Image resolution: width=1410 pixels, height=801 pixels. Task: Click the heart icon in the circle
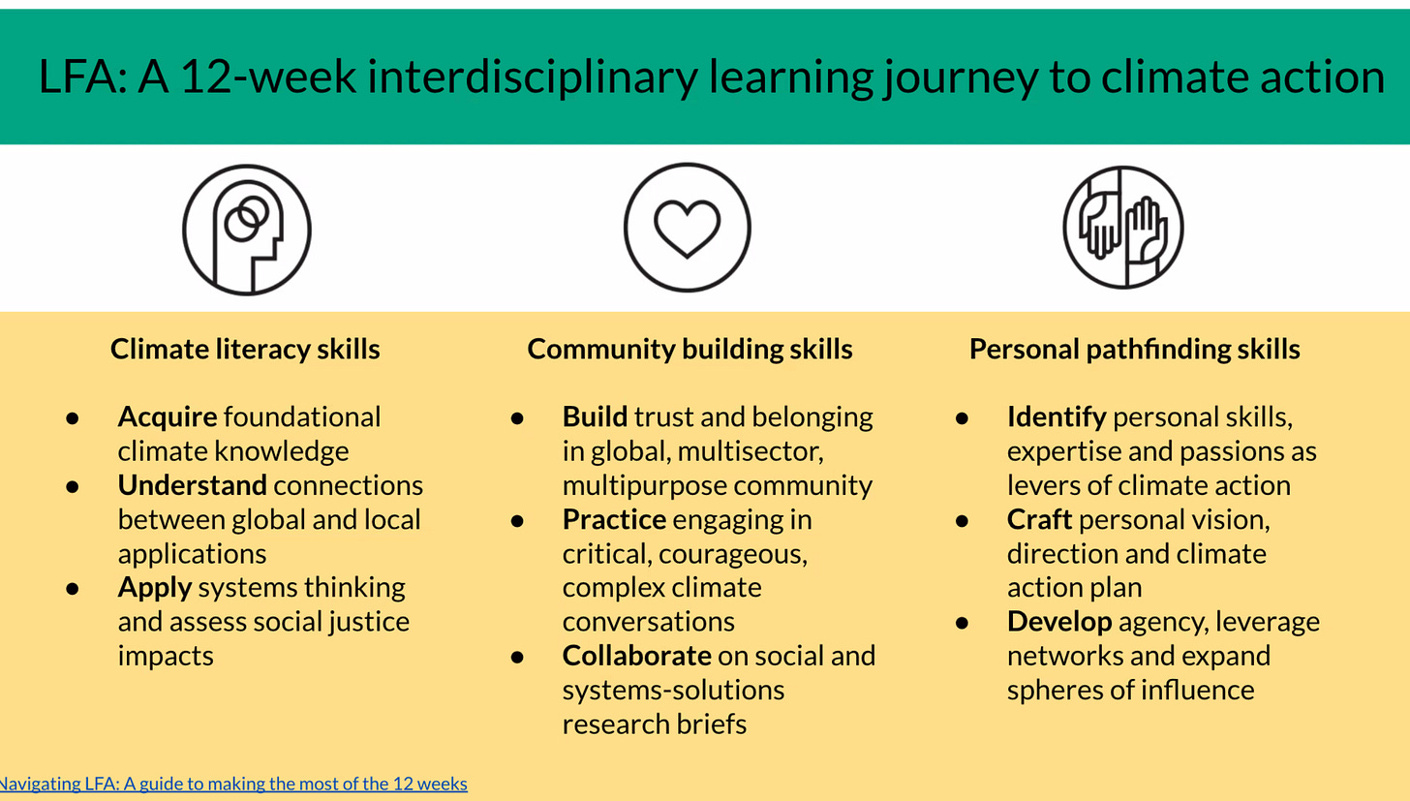(687, 229)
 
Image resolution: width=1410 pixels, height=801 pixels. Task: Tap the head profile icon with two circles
(247, 230)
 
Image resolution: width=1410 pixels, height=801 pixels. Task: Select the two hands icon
(1123, 228)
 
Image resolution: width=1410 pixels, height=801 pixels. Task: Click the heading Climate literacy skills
(245, 349)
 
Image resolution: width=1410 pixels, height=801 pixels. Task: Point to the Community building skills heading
(690, 349)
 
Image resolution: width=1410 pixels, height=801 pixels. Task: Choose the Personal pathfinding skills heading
(1134, 349)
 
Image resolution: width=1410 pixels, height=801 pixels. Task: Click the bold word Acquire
(168, 417)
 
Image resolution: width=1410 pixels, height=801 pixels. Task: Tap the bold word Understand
(192, 485)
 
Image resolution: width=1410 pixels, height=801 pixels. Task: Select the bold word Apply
(155, 588)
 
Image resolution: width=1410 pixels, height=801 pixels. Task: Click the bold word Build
(595, 417)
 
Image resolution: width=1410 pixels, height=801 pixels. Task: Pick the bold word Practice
(614, 520)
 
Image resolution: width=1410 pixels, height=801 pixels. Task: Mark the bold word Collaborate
(636, 656)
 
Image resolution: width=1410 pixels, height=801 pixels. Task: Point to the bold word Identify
(1057, 417)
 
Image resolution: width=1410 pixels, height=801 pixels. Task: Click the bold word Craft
(1039, 520)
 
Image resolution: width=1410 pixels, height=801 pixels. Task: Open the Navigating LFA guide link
(232, 784)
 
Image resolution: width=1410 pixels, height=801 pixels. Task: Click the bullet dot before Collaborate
(517, 657)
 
